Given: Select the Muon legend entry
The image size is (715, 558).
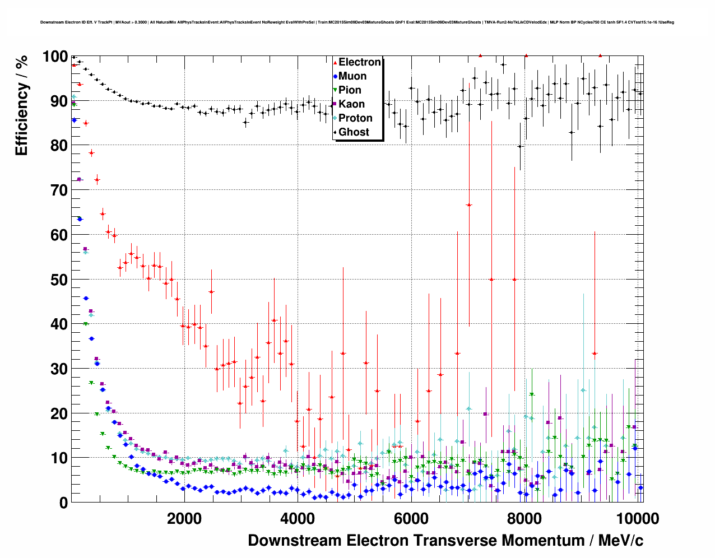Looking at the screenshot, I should coord(352,76).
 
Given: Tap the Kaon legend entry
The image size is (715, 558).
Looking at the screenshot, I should coord(351,104).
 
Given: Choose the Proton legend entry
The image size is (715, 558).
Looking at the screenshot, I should coord(355,118).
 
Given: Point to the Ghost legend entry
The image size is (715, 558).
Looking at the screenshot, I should coord(354,132).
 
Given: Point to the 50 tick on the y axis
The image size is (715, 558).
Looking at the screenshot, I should coord(59,280).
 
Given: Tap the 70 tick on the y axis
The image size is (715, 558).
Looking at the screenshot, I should coord(59,190).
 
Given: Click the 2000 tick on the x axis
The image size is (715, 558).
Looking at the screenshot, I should coord(184,518).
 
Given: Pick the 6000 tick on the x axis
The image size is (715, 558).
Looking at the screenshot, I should coord(411,518).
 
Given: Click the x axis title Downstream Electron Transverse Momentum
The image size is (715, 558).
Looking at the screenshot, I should coord(445,541).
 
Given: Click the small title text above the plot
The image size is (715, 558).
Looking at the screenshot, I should coord(357,22).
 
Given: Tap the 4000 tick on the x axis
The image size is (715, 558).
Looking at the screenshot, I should coord(298,518).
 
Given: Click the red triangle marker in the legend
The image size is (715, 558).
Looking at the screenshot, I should coord(335,62).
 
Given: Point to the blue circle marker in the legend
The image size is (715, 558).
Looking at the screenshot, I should coord(335,76).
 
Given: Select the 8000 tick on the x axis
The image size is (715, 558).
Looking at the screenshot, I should coord(524,518).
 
